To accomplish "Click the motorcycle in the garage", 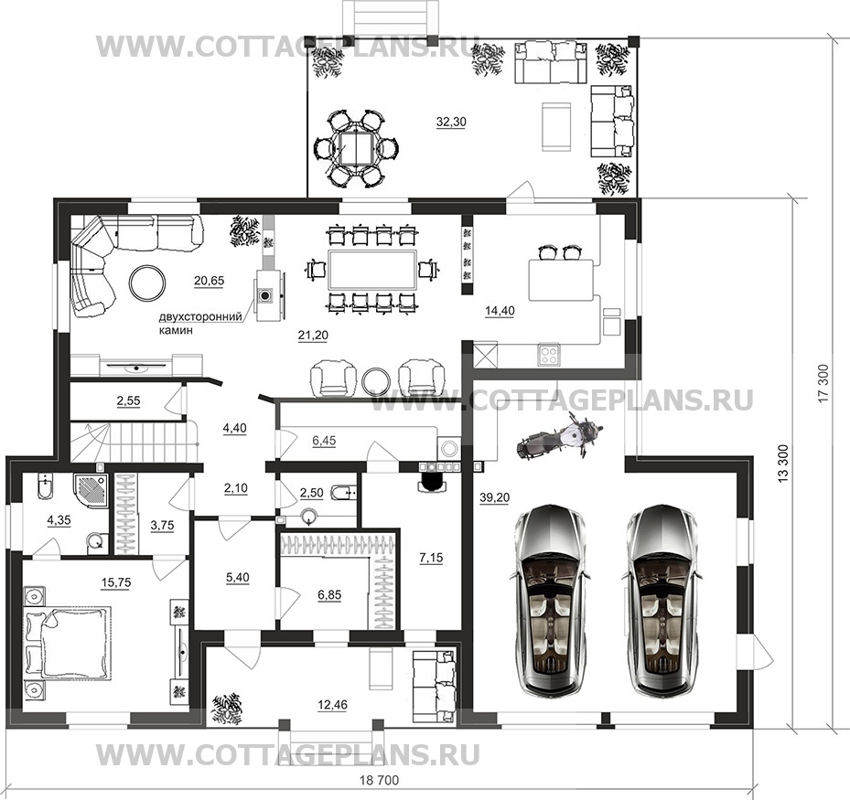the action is (x=559, y=436).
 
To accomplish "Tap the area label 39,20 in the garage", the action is (x=494, y=497).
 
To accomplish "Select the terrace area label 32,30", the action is (x=451, y=123).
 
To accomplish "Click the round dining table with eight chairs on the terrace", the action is (x=356, y=149).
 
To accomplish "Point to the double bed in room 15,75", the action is (x=68, y=643).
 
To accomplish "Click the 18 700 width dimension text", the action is (x=380, y=781).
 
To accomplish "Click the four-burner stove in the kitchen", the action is (x=549, y=355).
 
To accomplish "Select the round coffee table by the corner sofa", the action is (x=148, y=283).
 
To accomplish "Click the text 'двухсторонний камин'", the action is (x=200, y=324).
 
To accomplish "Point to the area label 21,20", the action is (x=313, y=336).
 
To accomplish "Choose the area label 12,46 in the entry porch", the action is (x=332, y=705).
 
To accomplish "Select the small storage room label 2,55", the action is (x=128, y=401).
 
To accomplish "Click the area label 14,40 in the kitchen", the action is (x=500, y=312).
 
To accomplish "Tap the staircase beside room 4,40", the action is (x=134, y=441).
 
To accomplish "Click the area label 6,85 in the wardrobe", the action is (x=329, y=594).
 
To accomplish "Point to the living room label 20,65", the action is (x=209, y=281).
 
